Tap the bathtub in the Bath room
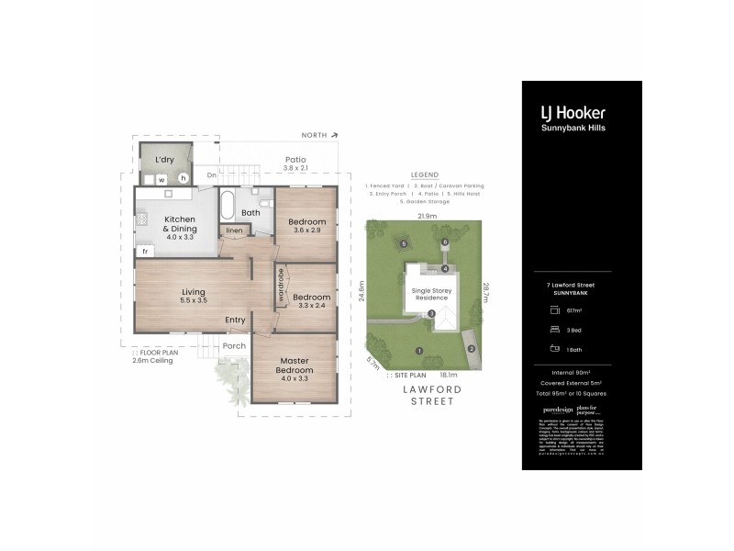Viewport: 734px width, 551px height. coord(228,203)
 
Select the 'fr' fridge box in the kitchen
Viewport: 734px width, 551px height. coord(145,250)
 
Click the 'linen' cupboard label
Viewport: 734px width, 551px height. coord(234,230)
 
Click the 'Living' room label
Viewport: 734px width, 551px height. coord(193,291)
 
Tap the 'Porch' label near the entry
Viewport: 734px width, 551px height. coord(235,345)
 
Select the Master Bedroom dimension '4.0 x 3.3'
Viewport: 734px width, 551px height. coord(295,377)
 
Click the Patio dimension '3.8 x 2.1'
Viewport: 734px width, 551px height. coord(295,168)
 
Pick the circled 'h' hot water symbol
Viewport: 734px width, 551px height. coord(183,178)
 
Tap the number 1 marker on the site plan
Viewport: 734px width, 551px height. coord(418,351)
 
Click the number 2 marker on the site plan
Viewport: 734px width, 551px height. coord(471,348)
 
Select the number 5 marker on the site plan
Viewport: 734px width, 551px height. coord(404,243)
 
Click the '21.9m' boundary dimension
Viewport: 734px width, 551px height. coord(427,216)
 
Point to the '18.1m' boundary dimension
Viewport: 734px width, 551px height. coord(449,375)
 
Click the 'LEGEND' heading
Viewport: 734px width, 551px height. coord(424,174)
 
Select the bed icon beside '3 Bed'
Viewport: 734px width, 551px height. coord(555,328)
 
